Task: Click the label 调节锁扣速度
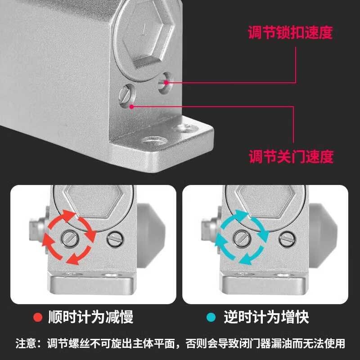pyautogui.click(x=290, y=32)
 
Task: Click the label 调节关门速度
pyautogui.click(x=291, y=157)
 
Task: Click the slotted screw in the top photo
pyautogui.click(x=126, y=94)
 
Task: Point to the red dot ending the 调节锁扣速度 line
pyautogui.click(x=166, y=82)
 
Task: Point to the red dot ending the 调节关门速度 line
pyautogui.click(x=131, y=107)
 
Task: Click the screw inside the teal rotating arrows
pyautogui.click(x=242, y=238)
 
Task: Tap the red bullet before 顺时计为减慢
pyautogui.click(x=38, y=318)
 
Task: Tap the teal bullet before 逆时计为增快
pyautogui.click(x=211, y=318)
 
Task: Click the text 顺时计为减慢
pyautogui.click(x=90, y=318)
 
